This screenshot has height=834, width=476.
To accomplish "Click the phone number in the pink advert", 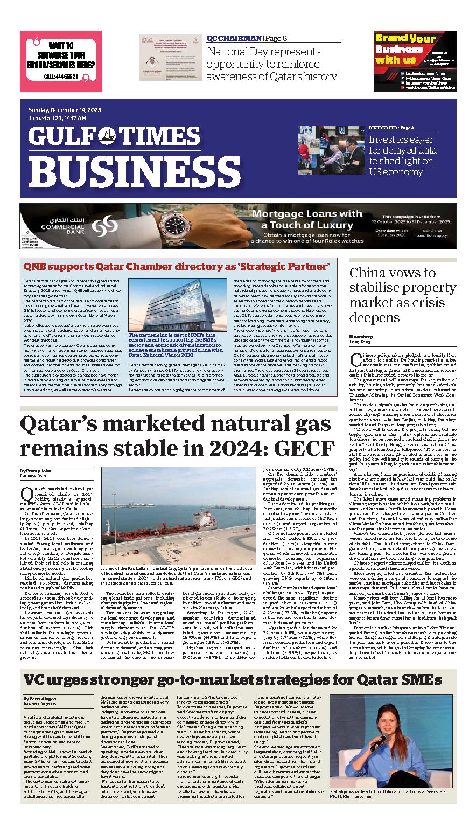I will point(61,77).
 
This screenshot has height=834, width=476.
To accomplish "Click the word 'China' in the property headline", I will point(370,273).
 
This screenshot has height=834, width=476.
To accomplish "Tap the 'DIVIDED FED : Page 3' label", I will point(391,128).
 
